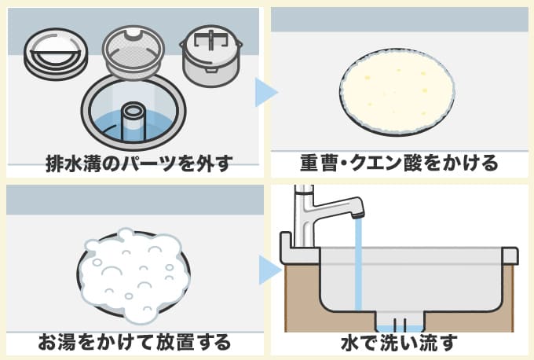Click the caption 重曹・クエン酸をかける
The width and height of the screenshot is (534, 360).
(x=399, y=164)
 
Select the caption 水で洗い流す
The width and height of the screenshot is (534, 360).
(x=399, y=342)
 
